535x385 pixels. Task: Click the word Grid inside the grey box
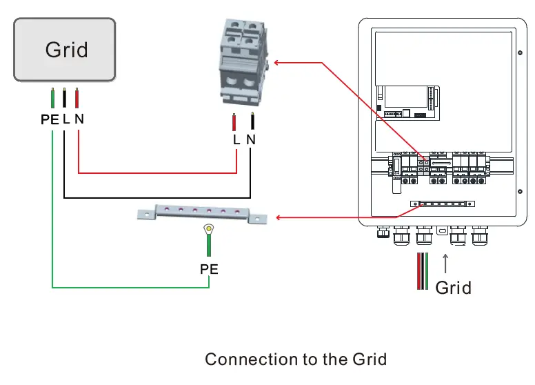tap(66, 50)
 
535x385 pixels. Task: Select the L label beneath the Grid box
tap(65, 119)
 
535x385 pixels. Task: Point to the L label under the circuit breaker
tap(236, 139)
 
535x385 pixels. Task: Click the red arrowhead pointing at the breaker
tap(278, 63)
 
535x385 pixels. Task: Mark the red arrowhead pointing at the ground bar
tap(279, 218)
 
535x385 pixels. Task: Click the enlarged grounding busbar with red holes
tap(201, 213)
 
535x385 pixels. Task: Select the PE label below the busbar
tap(209, 269)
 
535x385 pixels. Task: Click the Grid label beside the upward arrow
tap(453, 287)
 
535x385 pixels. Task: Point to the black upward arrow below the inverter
tap(445, 264)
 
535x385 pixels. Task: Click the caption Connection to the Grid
tap(296, 359)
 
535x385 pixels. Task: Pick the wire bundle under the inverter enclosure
tap(422, 271)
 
